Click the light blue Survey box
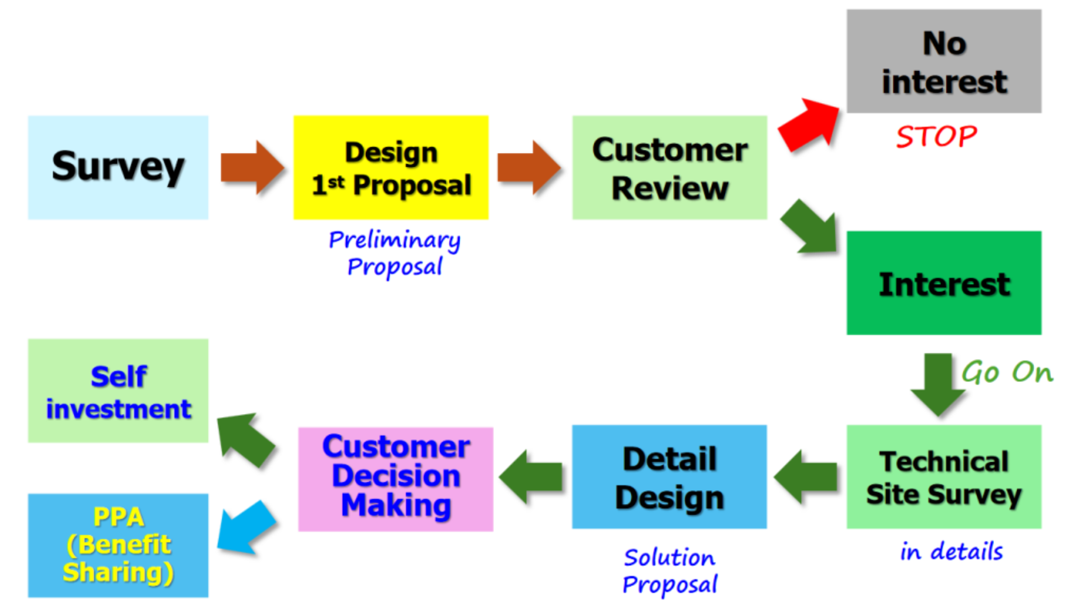118,167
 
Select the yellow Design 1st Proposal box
391,167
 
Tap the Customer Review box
669,167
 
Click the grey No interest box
944,61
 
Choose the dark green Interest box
944,283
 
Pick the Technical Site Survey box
944,477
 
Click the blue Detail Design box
669,477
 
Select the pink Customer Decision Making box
396,479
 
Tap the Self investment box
118,391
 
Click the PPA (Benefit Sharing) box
118,546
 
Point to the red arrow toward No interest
809,125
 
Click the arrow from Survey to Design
252,167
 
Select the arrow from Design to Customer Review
529,167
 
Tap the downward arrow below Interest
938,384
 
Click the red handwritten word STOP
937,136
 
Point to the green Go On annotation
1007,372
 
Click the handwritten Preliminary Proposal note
395,253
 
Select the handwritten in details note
951,551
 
